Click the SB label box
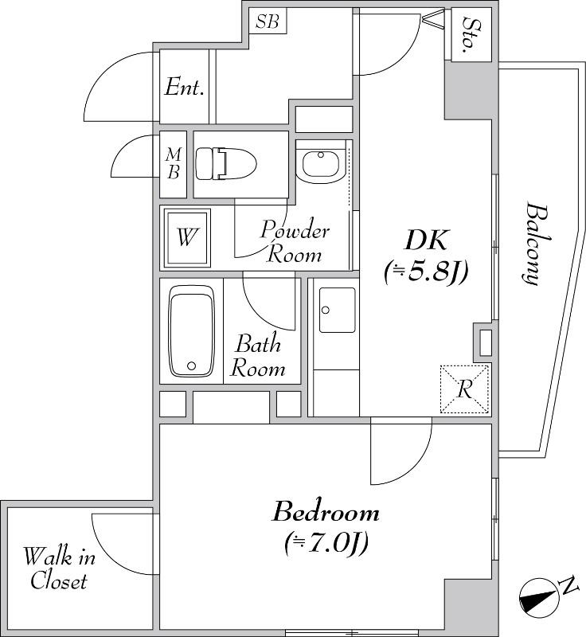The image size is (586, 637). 268,21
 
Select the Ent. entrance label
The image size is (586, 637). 184,87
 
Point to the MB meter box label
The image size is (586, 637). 174,163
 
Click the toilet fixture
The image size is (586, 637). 226,164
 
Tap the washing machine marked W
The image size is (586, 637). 187,237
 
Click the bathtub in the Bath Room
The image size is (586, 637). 191,330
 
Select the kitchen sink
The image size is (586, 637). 337,310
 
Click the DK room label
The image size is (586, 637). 426,240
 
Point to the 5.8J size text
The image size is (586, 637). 426,272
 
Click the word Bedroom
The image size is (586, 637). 326,512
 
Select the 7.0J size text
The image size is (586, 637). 326,542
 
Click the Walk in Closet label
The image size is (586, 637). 59,569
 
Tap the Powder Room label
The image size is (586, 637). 295,242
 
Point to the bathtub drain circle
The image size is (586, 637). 192,366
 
